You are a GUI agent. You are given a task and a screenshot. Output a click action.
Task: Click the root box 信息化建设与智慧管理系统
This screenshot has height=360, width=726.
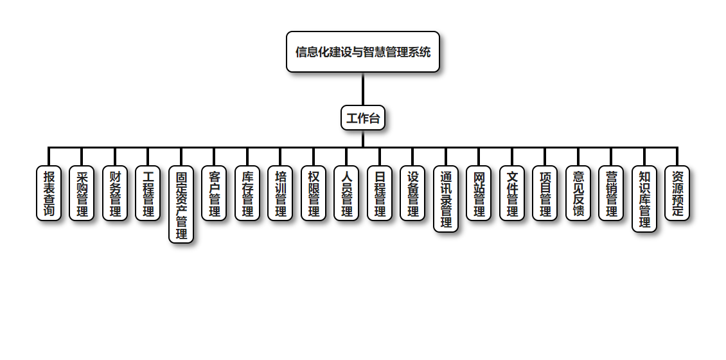click(363, 51)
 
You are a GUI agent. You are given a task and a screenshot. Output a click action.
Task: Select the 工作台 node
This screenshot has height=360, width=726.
click(363, 118)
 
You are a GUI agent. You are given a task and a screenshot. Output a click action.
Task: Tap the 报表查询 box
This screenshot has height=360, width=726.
click(49, 194)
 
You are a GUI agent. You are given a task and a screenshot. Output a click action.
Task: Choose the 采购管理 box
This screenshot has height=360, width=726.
click(82, 194)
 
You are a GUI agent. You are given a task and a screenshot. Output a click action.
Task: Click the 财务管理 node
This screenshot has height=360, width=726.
click(115, 194)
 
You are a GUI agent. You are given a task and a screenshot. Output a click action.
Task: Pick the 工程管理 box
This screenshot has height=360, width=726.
click(148, 194)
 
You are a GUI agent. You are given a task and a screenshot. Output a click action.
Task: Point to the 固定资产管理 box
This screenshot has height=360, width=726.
click(181, 204)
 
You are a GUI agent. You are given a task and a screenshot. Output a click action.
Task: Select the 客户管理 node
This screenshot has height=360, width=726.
click(214, 194)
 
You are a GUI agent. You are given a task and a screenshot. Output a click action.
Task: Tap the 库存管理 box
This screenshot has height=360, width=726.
click(247, 194)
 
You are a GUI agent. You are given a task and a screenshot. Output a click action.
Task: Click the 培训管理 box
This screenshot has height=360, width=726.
click(280, 194)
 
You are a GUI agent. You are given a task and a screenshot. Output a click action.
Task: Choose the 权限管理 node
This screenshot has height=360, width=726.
click(314, 194)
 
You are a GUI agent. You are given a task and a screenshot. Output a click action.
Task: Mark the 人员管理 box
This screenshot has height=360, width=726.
click(346, 194)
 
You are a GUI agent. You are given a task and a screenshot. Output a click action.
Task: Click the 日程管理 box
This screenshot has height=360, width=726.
click(380, 194)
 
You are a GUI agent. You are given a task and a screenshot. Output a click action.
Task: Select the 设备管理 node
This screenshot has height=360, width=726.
click(412, 194)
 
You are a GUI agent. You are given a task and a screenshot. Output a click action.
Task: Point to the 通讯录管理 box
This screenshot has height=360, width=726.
click(446, 199)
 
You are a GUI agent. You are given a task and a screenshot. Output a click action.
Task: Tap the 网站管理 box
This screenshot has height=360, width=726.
click(479, 194)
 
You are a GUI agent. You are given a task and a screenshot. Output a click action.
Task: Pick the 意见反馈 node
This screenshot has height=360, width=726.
click(578, 194)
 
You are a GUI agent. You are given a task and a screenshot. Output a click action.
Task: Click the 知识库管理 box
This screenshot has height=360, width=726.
click(644, 199)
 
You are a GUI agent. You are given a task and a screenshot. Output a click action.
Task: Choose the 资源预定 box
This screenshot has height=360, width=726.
click(677, 194)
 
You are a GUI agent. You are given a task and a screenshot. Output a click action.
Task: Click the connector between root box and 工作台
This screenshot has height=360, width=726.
click(363, 89)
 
